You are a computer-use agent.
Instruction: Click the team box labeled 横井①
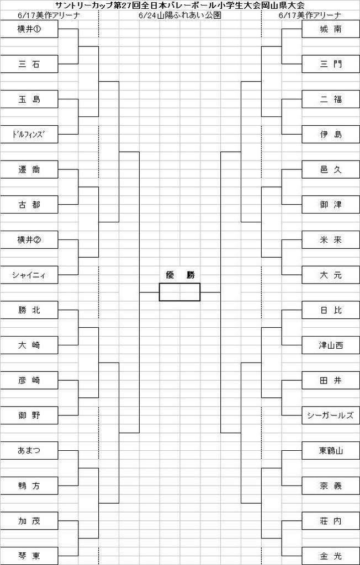pyautogui.click(x=29, y=29)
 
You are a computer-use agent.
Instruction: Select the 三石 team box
pyautogui.click(x=29, y=65)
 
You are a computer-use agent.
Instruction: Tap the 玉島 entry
pyautogui.click(x=29, y=99)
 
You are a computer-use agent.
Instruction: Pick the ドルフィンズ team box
pyautogui.click(x=29, y=135)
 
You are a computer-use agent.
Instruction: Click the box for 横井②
pyautogui.click(x=29, y=240)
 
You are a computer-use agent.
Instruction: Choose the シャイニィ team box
pyautogui.click(x=29, y=275)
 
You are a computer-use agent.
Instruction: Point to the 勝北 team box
pyautogui.click(x=29, y=310)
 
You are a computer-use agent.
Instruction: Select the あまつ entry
pyautogui.click(x=29, y=451)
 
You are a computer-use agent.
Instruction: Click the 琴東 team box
pyautogui.click(x=29, y=556)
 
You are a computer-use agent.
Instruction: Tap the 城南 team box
pyautogui.click(x=331, y=29)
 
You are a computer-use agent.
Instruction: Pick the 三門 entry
pyautogui.click(x=331, y=65)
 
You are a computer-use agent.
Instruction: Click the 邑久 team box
pyautogui.click(x=331, y=170)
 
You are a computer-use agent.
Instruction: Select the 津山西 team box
pyautogui.click(x=331, y=345)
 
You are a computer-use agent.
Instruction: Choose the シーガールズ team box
pyautogui.click(x=331, y=416)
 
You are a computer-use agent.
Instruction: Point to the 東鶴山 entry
pyautogui.click(x=331, y=451)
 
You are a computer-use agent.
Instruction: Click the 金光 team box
pyautogui.click(x=331, y=556)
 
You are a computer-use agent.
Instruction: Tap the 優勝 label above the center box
pyautogui.click(x=180, y=275)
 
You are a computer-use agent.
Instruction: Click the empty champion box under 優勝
pyautogui.click(x=179, y=292)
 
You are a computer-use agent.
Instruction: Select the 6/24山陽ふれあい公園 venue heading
pyautogui.click(x=179, y=15)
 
